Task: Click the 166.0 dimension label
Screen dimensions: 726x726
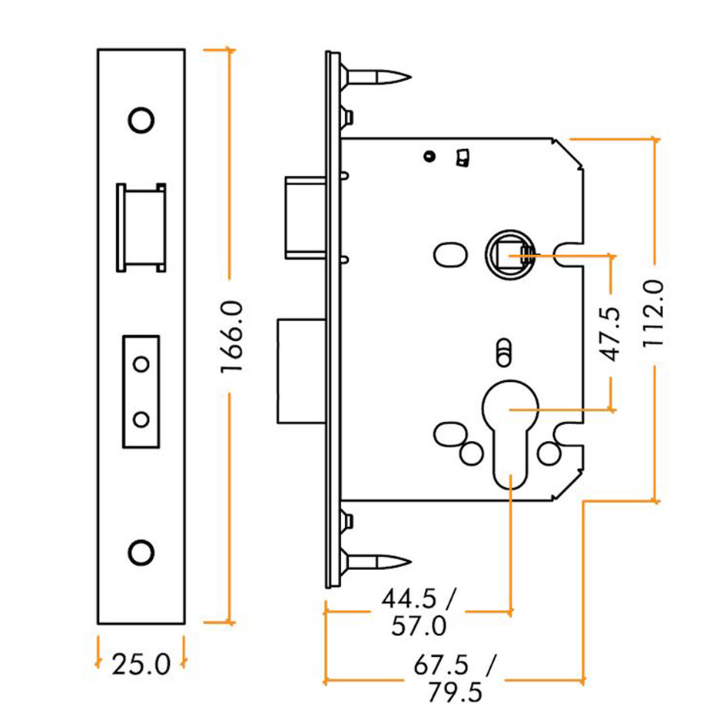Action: pos(231,336)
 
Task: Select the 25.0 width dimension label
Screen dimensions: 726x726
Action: pos(141,663)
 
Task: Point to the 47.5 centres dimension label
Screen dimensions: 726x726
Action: pos(610,333)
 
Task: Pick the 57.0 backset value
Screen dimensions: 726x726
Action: pos(417,627)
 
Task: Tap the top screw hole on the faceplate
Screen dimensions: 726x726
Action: pos(141,120)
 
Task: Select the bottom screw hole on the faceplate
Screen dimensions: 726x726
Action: pos(141,552)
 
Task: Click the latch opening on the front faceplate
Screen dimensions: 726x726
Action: pos(140,227)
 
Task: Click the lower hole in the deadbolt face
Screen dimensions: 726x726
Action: pos(141,419)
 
